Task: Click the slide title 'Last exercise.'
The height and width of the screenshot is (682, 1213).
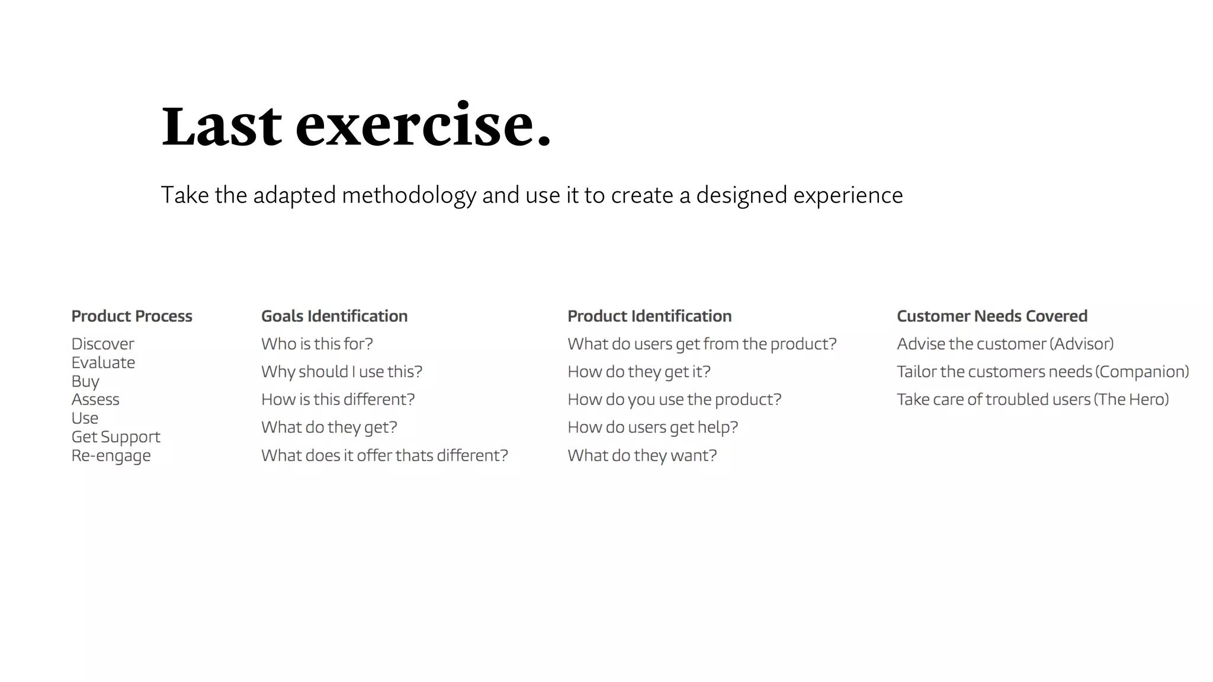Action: pyautogui.click(x=357, y=125)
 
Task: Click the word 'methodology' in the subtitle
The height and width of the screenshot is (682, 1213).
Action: pyautogui.click(x=409, y=195)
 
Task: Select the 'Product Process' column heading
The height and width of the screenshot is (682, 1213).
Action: pyautogui.click(x=131, y=316)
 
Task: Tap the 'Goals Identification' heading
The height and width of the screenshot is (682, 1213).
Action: pyautogui.click(x=334, y=316)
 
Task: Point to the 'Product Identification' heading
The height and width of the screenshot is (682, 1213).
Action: pyautogui.click(x=649, y=316)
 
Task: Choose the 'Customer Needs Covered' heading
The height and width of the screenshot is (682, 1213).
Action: pyautogui.click(x=991, y=316)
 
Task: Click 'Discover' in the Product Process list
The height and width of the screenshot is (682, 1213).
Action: pyautogui.click(x=102, y=344)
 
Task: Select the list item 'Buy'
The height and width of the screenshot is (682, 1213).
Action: pyautogui.click(x=85, y=381)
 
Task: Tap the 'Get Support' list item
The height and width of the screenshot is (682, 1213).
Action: pyautogui.click(x=115, y=437)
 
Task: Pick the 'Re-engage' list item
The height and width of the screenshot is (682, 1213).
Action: pyautogui.click(x=111, y=456)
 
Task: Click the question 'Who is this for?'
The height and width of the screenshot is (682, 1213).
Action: pyautogui.click(x=317, y=344)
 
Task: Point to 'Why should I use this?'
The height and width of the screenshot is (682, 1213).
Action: pyautogui.click(x=342, y=372)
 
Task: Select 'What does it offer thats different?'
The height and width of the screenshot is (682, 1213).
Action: pyautogui.click(x=384, y=456)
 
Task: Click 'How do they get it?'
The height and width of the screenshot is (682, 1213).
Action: pyautogui.click(x=638, y=372)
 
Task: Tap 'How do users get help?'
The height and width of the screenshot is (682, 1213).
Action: pyautogui.click(x=653, y=427)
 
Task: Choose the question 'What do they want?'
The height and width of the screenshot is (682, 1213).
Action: pyautogui.click(x=642, y=456)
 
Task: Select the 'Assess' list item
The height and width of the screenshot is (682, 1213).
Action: pyautogui.click(x=95, y=400)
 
